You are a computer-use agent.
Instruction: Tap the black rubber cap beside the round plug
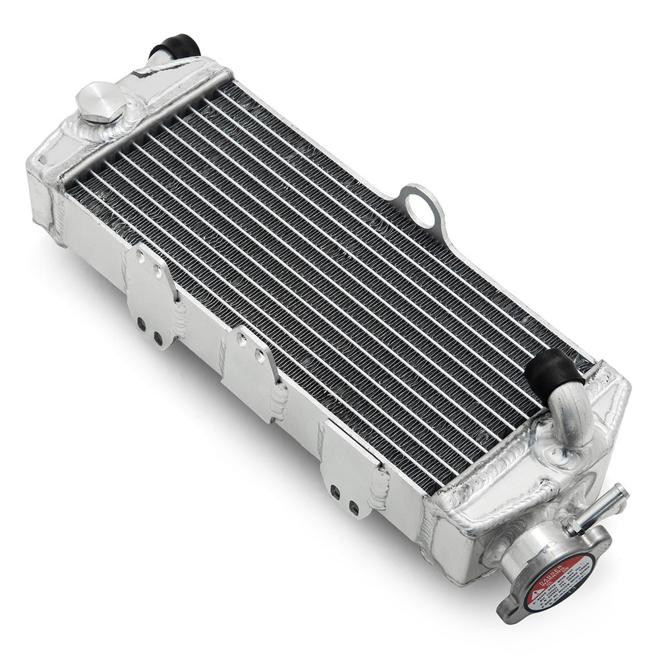[x=175, y=47]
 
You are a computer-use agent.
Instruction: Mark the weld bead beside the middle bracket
[x=279, y=401]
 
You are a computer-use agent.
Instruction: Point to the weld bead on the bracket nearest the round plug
[x=179, y=320]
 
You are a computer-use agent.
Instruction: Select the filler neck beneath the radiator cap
[x=521, y=550]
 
